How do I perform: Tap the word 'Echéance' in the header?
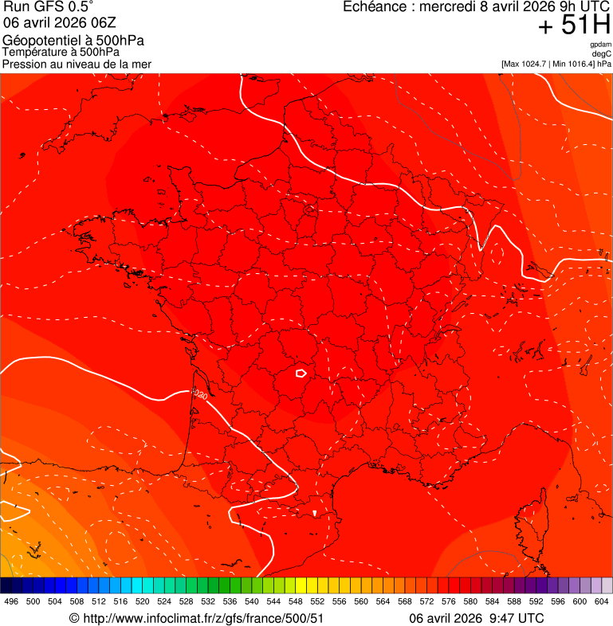click(x=373, y=7)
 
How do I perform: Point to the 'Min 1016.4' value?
click(x=576, y=64)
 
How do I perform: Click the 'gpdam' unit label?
click(x=600, y=45)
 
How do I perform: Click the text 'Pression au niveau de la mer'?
click(x=77, y=64)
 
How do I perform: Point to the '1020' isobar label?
click(x=199, y=394)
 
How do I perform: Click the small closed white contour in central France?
click(x=301, y=372)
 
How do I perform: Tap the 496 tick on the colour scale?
click(x=11, y=601)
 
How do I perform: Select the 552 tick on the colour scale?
click(x=317, y=601)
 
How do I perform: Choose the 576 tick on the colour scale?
click(x=449, y=601)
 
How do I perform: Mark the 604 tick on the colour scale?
click(x=602, y=601)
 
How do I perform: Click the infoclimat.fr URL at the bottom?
click(x=197, y=618)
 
